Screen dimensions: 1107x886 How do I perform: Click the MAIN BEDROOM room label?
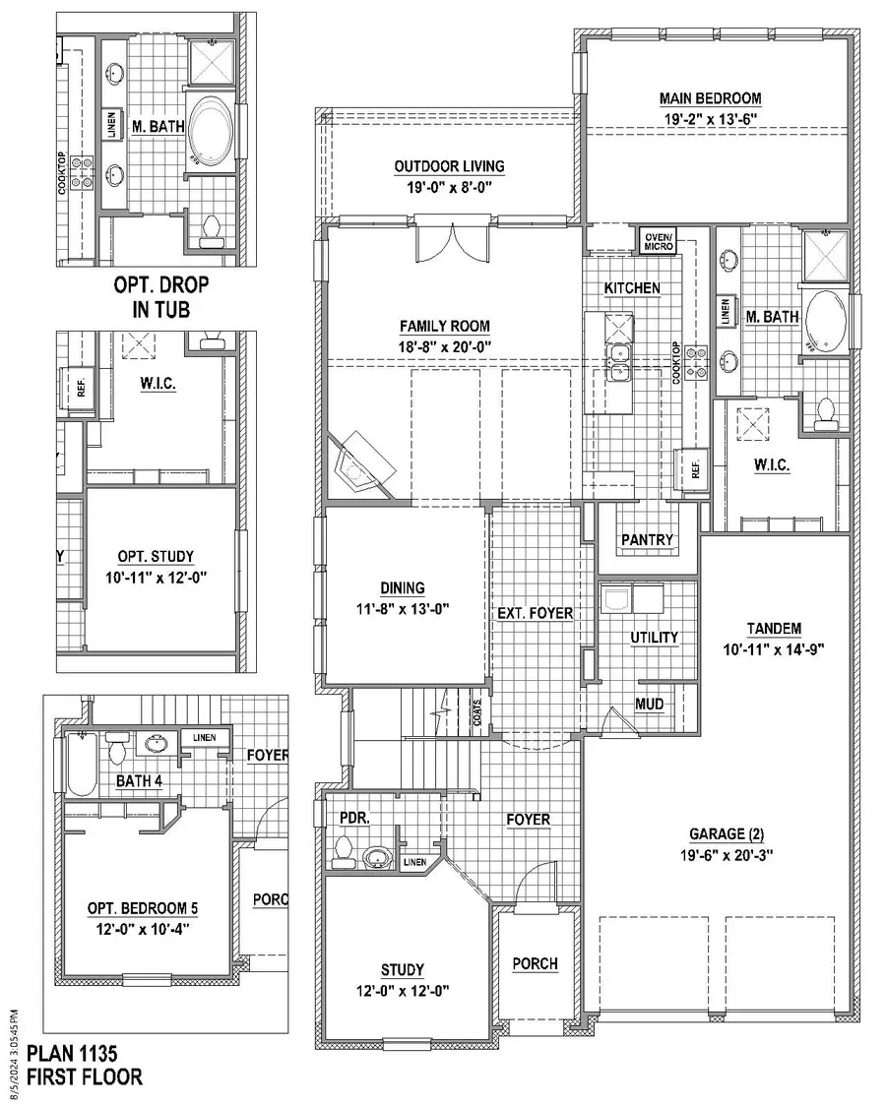pos(709,98)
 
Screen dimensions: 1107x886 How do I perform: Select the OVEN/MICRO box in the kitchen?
pos(658,241)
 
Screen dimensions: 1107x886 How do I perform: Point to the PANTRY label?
pos(647,540)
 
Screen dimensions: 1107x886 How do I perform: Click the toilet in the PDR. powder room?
pos(343,848)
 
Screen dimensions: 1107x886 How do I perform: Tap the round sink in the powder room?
pos(376,858)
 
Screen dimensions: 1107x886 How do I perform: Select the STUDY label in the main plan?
pos(404,968)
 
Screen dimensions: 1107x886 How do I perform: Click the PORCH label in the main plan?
pos(535,964)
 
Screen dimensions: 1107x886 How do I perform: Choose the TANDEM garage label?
pos(773,629)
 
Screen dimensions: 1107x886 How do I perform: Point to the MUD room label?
pos(648,705)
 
